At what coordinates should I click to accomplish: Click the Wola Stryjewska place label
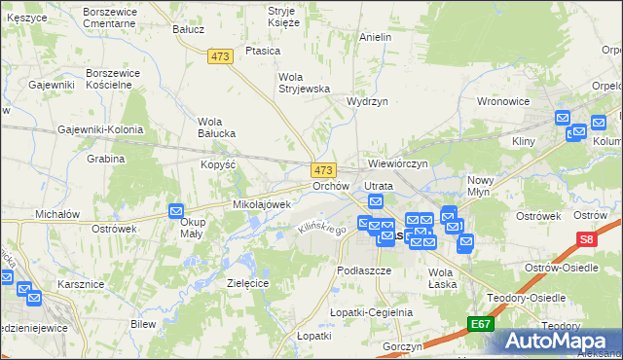305,82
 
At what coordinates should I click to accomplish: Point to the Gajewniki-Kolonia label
100,129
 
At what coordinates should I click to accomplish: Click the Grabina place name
105,159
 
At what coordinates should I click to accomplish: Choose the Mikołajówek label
262,204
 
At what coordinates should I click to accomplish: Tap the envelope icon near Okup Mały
176,210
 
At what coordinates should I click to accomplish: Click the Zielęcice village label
247,282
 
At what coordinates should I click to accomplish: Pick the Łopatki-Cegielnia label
371,312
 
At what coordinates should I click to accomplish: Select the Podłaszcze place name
363,270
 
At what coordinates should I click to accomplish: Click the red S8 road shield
585,238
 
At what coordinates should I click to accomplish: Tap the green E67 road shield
479,324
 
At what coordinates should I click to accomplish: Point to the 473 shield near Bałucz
220,57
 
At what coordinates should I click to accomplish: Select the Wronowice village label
502,100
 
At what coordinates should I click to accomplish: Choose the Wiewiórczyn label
398,163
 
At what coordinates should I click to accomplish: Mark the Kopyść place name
219,164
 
